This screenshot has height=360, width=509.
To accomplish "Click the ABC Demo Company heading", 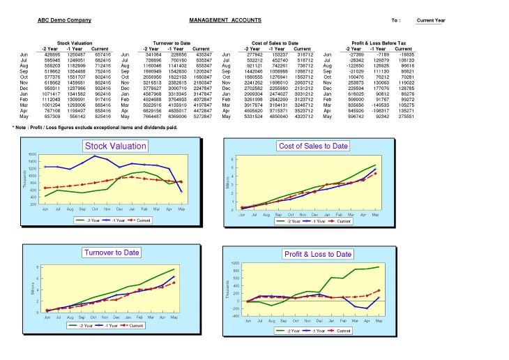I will pyautogui.click(x=64, y=20).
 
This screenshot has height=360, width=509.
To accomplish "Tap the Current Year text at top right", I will pyautogui.click(x=430, y=20).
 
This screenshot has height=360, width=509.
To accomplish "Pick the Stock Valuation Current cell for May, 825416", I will pyautogui.click(x=102, y=117).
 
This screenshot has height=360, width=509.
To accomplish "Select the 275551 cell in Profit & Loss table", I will pyautogui.click(x=404, y=117).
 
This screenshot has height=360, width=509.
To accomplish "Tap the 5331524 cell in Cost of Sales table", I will pyautogui.click(x=253, y=117).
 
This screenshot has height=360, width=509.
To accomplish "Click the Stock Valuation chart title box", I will pyautogui.click(x=116, y=146).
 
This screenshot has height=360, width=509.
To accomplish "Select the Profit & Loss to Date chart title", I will pyautogui.click(x=318, y=254).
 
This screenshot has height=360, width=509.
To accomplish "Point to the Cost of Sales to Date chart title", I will pyautogui.click(x=313, y=146).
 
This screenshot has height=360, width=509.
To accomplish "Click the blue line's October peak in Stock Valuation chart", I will pyautogui.click(x=95, y=156).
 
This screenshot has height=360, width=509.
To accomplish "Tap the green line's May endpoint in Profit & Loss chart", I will pyautogui.click(x=379, y=267).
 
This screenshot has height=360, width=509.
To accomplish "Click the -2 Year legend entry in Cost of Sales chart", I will pyautogui.click(x=291, y=220).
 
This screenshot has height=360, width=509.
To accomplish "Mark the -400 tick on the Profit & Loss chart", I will pyautogui.click(x=235, y=316).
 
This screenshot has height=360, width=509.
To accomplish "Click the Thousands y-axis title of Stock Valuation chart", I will pyautogui.click(x=24, y=179).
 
